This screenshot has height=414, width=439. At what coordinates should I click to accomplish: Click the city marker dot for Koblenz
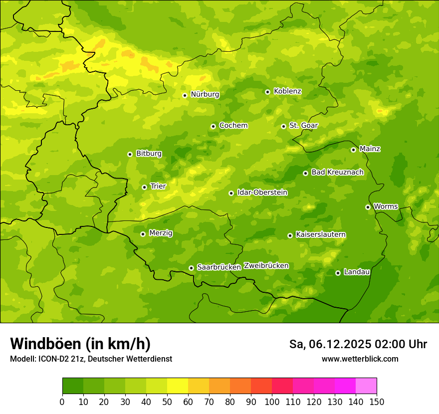click(267, 92)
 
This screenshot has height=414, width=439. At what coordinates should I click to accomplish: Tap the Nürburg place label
click(205, 94)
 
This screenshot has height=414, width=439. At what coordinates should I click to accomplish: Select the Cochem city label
click(233, 126)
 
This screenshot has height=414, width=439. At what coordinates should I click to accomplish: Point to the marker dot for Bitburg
click(130, 154)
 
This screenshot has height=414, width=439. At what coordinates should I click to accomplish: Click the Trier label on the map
click(158, 187)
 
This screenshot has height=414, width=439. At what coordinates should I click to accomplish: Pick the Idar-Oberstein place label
click(262, 193)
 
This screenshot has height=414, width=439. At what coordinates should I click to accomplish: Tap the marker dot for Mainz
click(353, 150)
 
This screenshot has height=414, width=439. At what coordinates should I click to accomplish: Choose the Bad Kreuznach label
click(337, 173)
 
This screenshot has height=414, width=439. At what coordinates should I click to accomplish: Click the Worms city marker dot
click(368, 207)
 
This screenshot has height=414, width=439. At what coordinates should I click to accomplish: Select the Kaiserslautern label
click(321, 234)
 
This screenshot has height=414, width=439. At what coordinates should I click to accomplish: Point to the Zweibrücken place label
click(266, 266)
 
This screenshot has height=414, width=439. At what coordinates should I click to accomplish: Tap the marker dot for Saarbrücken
click(191, 268)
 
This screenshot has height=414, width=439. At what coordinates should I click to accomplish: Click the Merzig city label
click(161, 233)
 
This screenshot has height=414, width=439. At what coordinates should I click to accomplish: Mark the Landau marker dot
click(338, 273)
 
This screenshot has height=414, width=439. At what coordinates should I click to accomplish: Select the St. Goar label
click(303, 126)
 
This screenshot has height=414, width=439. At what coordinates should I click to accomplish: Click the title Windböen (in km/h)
click(80, 344)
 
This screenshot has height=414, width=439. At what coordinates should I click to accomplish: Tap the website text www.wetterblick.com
click(360, 359)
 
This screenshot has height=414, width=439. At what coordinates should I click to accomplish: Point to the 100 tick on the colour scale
click(272, 402)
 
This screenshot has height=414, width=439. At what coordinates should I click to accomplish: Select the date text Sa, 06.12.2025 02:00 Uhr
click(358, 344)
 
